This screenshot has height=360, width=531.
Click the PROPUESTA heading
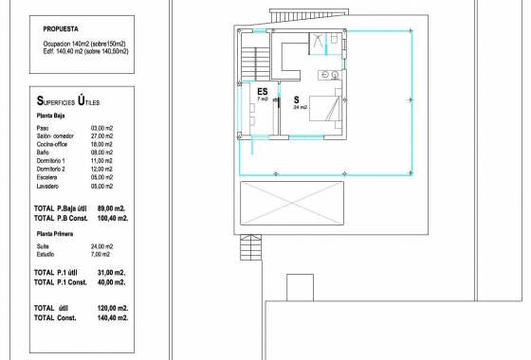[x=61, y=29]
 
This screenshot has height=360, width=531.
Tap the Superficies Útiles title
[x=68, y=100]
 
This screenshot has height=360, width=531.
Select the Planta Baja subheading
[x=50, y=116]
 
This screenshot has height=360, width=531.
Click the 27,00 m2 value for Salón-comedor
[x=102, y=136]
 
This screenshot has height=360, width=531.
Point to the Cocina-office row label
[x=52, y=144]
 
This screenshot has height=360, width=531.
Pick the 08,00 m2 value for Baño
[x=102, y=153]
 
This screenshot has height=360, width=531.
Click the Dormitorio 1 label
[x=51, y=161]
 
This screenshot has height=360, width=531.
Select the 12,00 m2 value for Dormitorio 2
[x=102, y=169]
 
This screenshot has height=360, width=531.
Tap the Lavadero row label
[x=47, y=186]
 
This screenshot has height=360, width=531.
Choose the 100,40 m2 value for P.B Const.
[x=113, y=218]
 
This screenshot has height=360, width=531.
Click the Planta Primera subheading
[x=55, y=234]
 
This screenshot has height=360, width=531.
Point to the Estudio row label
[x=46, y=254]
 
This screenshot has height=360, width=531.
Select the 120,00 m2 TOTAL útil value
[x=113, y=308]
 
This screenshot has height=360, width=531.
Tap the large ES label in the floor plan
[x=263, y=91]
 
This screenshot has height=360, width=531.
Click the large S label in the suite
[x=297, y=99]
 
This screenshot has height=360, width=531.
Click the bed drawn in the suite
[x=324, y=108]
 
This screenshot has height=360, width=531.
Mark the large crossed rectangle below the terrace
[x=292, y=203]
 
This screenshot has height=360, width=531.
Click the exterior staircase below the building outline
[x=251, y=247]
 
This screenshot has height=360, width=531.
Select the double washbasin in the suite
[x=329, y=75]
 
